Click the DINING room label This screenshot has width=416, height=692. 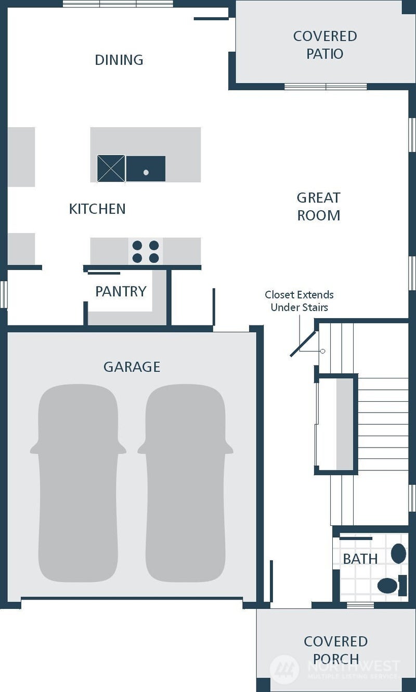pyautogui.click(x=119, y=60)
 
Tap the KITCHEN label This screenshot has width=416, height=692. pyautogui.click(x=97, y=209)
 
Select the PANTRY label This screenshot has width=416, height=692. pyautogui.click(x=121, y=291)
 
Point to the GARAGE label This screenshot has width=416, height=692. pyautogui.click(x=132, y=367)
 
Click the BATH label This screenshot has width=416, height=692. pyautogui.click(x=360, y=559)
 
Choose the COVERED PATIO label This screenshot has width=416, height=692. pyautogui.click(x=325, y=45)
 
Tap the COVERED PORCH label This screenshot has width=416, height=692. pyautogui.click(x=336, y=650)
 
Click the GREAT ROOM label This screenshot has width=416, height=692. pyautogui.click(x=318, y=207)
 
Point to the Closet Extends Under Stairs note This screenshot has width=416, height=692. pyautogui.click(x=299, y=301)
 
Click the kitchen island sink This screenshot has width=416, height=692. pyautogui.click(x=146, y=169)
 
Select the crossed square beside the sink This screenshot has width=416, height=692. pyautogui.click(x=111, y=169)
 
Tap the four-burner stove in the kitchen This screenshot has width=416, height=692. pyautogui.click(x=146, y=251)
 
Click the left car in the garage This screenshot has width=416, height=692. pyautogui.click(x=78, y=483)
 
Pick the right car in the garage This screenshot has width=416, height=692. pyautogui.click(x=186, y=483)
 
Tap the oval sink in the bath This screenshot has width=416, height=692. pyautogui.click(x=398, y=553)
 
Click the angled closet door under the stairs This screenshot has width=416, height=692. pyautogui.click(x=304, y=344)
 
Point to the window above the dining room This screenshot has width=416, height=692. pyautogui.click(x=118, y=4)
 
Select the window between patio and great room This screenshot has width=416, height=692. pyautogui.click(x=326, y=87)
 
